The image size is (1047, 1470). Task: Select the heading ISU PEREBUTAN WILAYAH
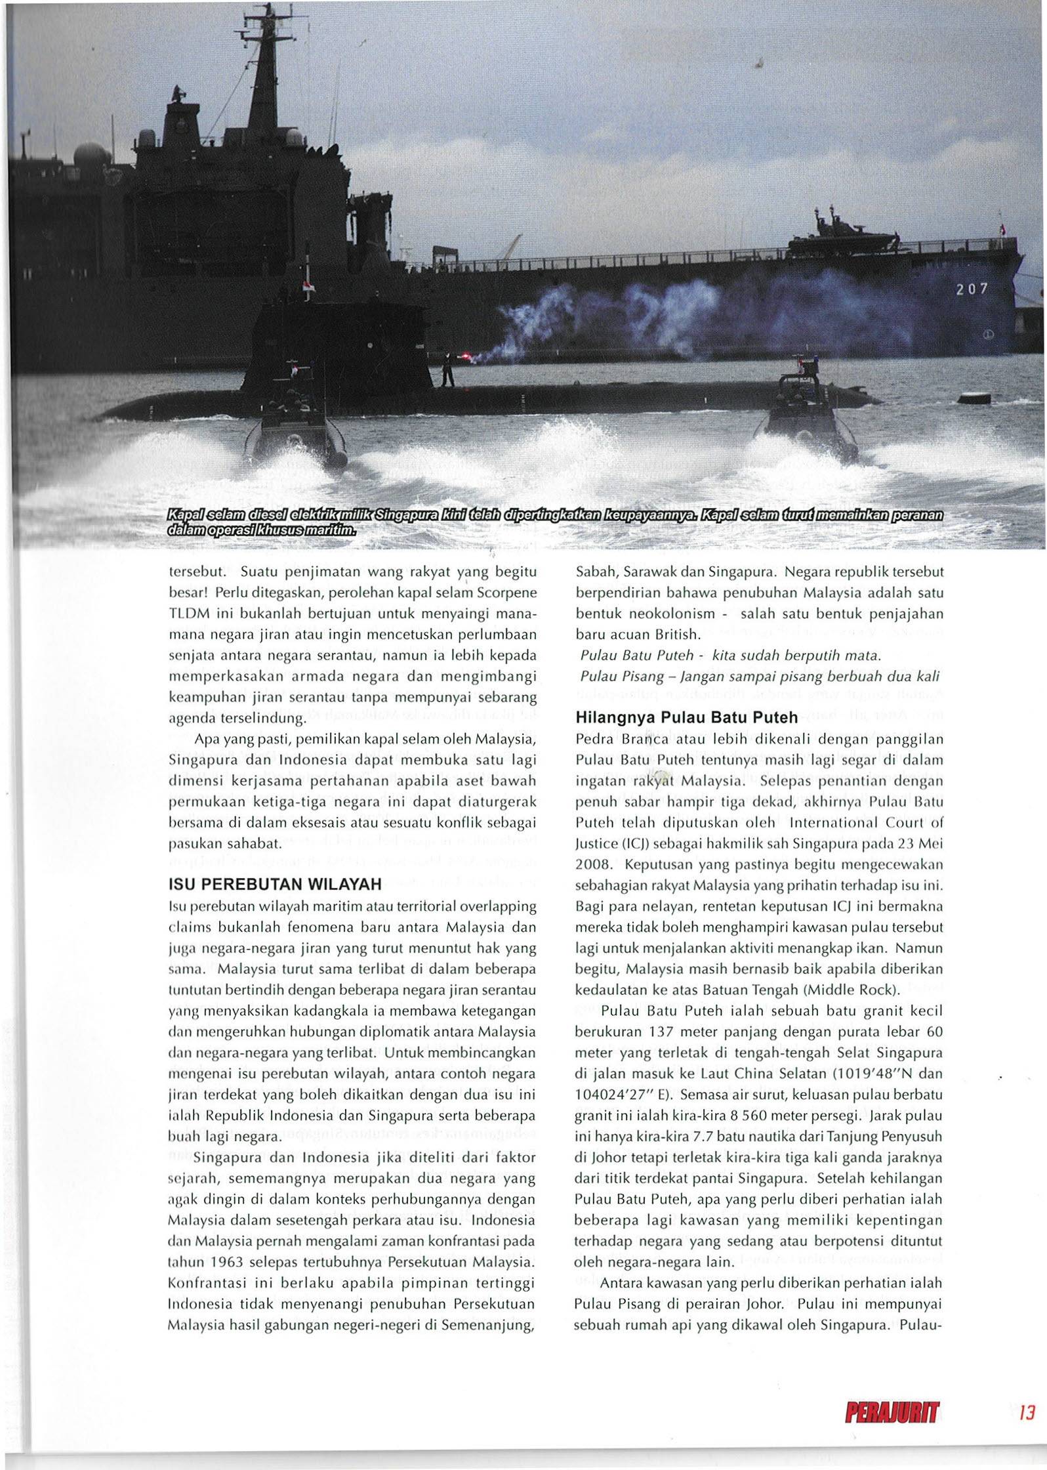pos(275,884)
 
